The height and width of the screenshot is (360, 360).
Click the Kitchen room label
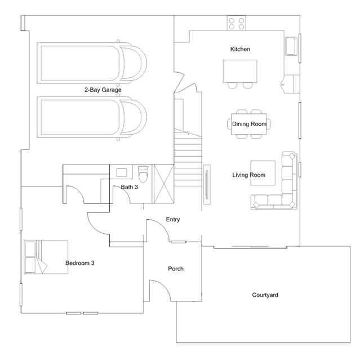point(240,49)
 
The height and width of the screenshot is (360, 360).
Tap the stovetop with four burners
point(237,23)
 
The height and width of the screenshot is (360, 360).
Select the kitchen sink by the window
point(291,46)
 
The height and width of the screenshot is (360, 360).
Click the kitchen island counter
point(240,71)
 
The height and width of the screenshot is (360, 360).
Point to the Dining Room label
point(249,124)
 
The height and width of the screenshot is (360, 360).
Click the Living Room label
point(249,175)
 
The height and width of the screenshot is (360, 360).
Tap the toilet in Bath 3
point(143,174)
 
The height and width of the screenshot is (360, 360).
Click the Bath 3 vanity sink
point(122,172)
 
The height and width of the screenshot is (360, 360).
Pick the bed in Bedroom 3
point(46,257)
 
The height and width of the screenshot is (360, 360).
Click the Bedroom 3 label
point(80,263)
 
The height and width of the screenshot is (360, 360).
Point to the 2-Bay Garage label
point(103,90)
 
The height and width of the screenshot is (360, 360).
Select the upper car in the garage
point(92,63)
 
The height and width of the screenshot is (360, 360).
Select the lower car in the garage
point(92,117)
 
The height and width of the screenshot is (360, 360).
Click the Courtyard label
point(265,295)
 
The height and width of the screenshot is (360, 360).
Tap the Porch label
point(176,269)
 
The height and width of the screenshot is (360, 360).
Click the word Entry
point(173,220)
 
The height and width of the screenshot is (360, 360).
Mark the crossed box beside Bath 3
point(164,184)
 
